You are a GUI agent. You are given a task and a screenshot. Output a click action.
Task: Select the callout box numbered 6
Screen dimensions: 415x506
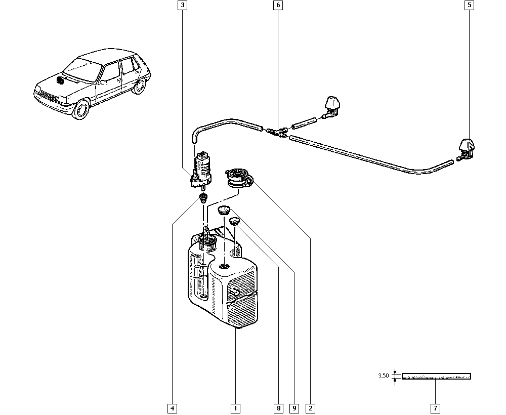[x=277, y=6]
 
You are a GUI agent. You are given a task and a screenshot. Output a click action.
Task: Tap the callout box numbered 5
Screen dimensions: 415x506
[x=469, y=6]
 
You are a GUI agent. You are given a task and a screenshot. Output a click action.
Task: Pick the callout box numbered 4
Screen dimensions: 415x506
[x=172, y=408]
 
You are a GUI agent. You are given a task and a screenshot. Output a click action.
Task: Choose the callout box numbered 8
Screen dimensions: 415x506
[x=278, y=408]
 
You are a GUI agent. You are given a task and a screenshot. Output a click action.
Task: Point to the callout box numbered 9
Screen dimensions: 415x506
[x=294, y=408]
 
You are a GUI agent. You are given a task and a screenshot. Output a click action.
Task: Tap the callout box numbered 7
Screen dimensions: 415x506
[x=436, y=408]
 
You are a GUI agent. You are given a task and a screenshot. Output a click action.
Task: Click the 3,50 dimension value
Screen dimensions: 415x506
[x=384, y=376]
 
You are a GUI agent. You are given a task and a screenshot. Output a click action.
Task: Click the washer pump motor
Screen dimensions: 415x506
[x=202, y=167]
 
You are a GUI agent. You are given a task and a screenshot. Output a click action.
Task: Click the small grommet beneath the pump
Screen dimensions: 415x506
[x=204, y=196]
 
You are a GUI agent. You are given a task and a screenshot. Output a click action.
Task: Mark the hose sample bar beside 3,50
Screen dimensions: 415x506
[x=436, y=376]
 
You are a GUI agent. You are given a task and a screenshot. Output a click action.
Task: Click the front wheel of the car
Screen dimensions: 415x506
[x=80, y=109]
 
